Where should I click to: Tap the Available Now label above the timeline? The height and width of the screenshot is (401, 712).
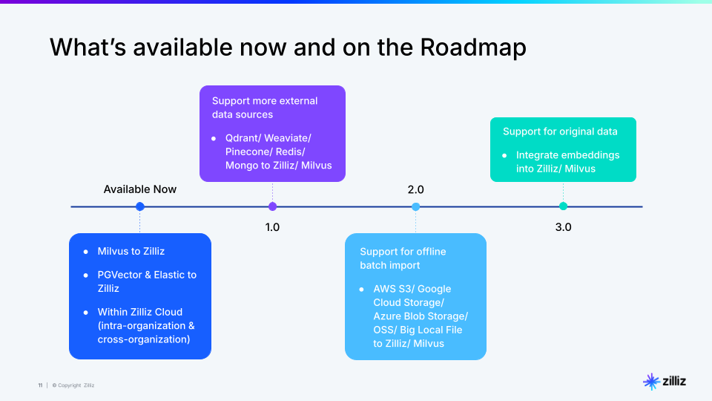pyautogui.click(x=140, y=189)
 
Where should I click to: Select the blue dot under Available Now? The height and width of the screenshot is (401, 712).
pyautogui.click(x=140, y=206)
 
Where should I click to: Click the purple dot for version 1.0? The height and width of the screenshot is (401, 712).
pyautogui.click(x=272, y=206)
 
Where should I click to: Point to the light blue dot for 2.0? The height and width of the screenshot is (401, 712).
pyautogui.click(x=415, y=206)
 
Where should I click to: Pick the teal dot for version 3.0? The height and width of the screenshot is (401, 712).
pyautogui.click(x=563, y=206)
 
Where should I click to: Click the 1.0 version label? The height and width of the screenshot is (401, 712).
pyautogui.click(x=272, y=227)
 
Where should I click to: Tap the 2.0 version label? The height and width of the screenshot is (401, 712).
pyautogui.click(x=415, y=190)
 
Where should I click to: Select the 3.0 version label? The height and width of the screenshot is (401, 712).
pyautogui.click(x=563, y=227)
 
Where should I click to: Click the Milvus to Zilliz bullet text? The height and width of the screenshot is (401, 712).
pyautogui.click(x=131, y=251)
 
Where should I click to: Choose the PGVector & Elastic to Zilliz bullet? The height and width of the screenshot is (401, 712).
pyautogui.click(x=147, y=281)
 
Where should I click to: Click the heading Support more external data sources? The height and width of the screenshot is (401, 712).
pyautogui.click(x=265, y=108)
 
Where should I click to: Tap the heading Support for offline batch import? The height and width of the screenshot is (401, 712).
pyautogui.click(x=403, y=258)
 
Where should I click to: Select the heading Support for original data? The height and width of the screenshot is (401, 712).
pyautogui.click(x=560, y=131)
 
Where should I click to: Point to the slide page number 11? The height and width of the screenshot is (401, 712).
pyautogui.click(x=40, y=385)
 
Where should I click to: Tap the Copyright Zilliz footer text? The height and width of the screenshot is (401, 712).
pyautogui.click(x=74, y=385)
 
